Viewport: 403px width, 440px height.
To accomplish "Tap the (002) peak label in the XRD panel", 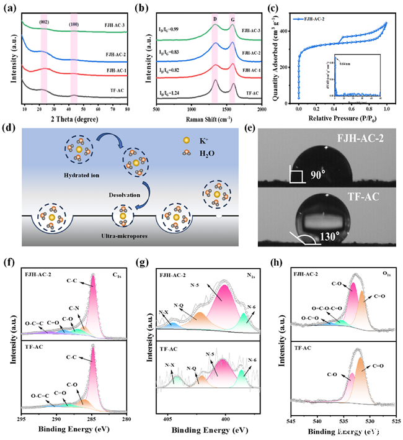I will click(43, 21).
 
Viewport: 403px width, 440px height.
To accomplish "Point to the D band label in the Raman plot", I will click(215, 20).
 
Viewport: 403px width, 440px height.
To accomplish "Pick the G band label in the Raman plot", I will click(232, 20).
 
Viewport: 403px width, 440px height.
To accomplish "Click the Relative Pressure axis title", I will click(343, 117).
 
